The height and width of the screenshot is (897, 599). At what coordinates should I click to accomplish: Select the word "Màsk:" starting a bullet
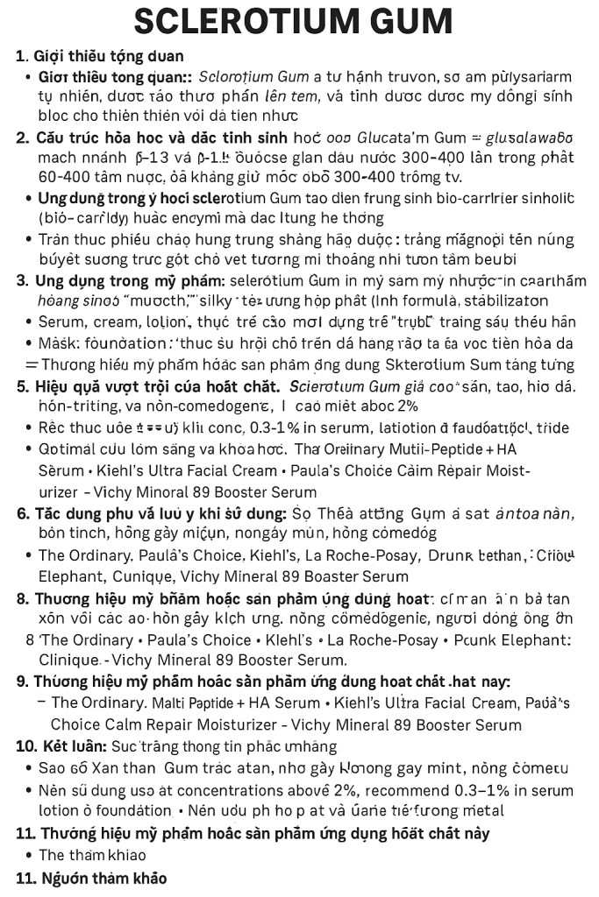point(59,343)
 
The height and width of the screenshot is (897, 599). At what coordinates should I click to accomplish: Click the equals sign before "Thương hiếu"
point(31,364)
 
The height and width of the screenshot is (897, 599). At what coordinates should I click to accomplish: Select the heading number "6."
point(23,514)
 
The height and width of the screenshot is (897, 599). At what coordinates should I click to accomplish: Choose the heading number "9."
point(23,682)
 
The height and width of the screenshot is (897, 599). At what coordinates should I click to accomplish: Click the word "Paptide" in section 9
point(207,703)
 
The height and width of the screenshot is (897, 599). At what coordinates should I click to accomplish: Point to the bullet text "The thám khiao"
point(92,855)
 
